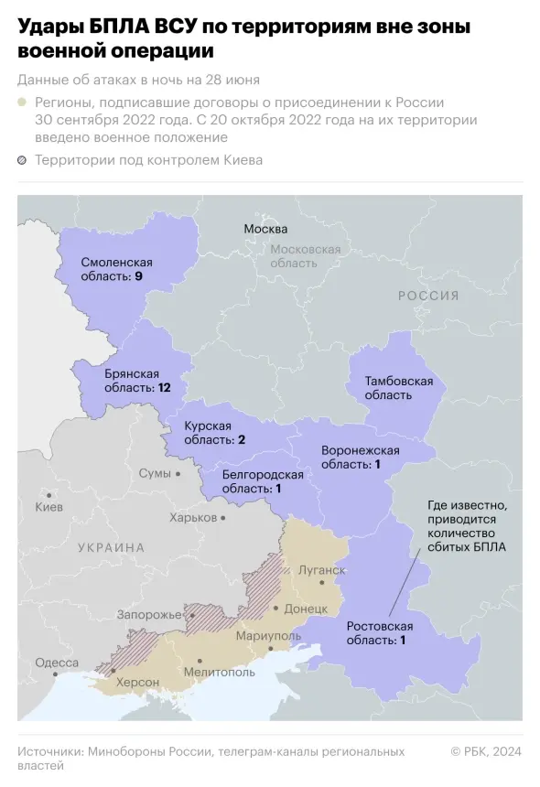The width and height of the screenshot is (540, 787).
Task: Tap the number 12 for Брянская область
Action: point(164,388)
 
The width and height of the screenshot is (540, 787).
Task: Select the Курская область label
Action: point(215,433)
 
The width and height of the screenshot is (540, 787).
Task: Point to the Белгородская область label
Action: point(263,481)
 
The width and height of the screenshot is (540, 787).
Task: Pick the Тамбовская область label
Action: point(398,387)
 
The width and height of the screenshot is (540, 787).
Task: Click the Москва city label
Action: point(265,229)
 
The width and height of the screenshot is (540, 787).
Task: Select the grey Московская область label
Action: point(305,255)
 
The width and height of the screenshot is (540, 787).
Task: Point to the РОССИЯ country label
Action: point(427,296)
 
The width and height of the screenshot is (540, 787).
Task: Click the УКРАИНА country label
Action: point(111,547)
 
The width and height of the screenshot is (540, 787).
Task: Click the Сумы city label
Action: point(154,473)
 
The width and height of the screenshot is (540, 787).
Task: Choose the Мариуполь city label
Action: point(268,635)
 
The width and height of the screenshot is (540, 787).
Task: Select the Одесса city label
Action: point(56,663)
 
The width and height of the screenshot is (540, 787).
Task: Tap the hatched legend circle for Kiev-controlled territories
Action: point(22,161)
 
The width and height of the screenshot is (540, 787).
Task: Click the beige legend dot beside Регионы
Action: point(22,103)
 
